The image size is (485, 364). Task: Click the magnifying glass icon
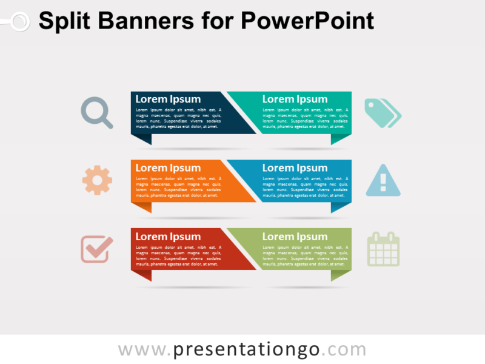[x=96, y=112]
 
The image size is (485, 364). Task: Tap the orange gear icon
[x=97, y=180]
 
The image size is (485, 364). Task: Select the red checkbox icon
[x=97, y=249]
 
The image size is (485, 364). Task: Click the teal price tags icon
[x=383, y=113]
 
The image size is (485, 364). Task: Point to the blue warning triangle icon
[x=383, y=181]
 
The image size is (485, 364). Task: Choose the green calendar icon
[x=384, y=249]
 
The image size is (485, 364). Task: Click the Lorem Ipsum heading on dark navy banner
[x=168, y=99]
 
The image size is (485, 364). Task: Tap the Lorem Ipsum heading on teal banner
[x=295, y=99]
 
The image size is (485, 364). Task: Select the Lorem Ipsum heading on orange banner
[x=168, y=168]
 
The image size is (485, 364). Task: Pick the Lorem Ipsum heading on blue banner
[x=295, y=168]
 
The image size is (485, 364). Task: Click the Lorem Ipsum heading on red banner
[x=168, y=237]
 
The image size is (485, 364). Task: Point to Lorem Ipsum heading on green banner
[x=295, y=237]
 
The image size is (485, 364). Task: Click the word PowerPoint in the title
[x=307, y=22]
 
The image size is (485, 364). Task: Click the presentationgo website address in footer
[x=242, y=349]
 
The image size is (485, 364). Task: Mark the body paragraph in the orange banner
[x=178, y=187]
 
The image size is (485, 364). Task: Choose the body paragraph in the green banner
[x=306, y=256]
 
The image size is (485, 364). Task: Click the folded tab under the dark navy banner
[x=142, y=139]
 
